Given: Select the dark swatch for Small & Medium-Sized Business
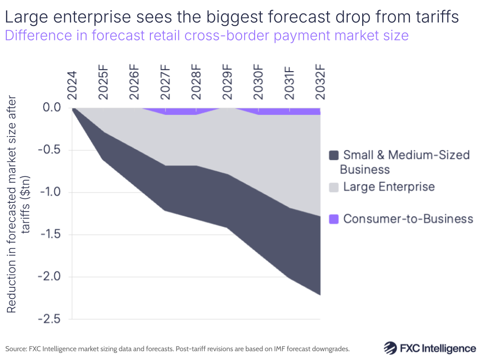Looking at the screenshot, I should [x=334, y=155].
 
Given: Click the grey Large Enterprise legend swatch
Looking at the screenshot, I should [x=334, y=186].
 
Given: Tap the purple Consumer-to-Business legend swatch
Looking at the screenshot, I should [x=334, y=219].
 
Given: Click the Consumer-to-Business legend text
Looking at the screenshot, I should [x=408, y=219].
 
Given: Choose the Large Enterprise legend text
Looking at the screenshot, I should [x=389, y=186].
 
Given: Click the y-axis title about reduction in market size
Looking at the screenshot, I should [x=18, y=204].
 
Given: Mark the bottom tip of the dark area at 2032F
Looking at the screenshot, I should [x=320, y=295].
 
